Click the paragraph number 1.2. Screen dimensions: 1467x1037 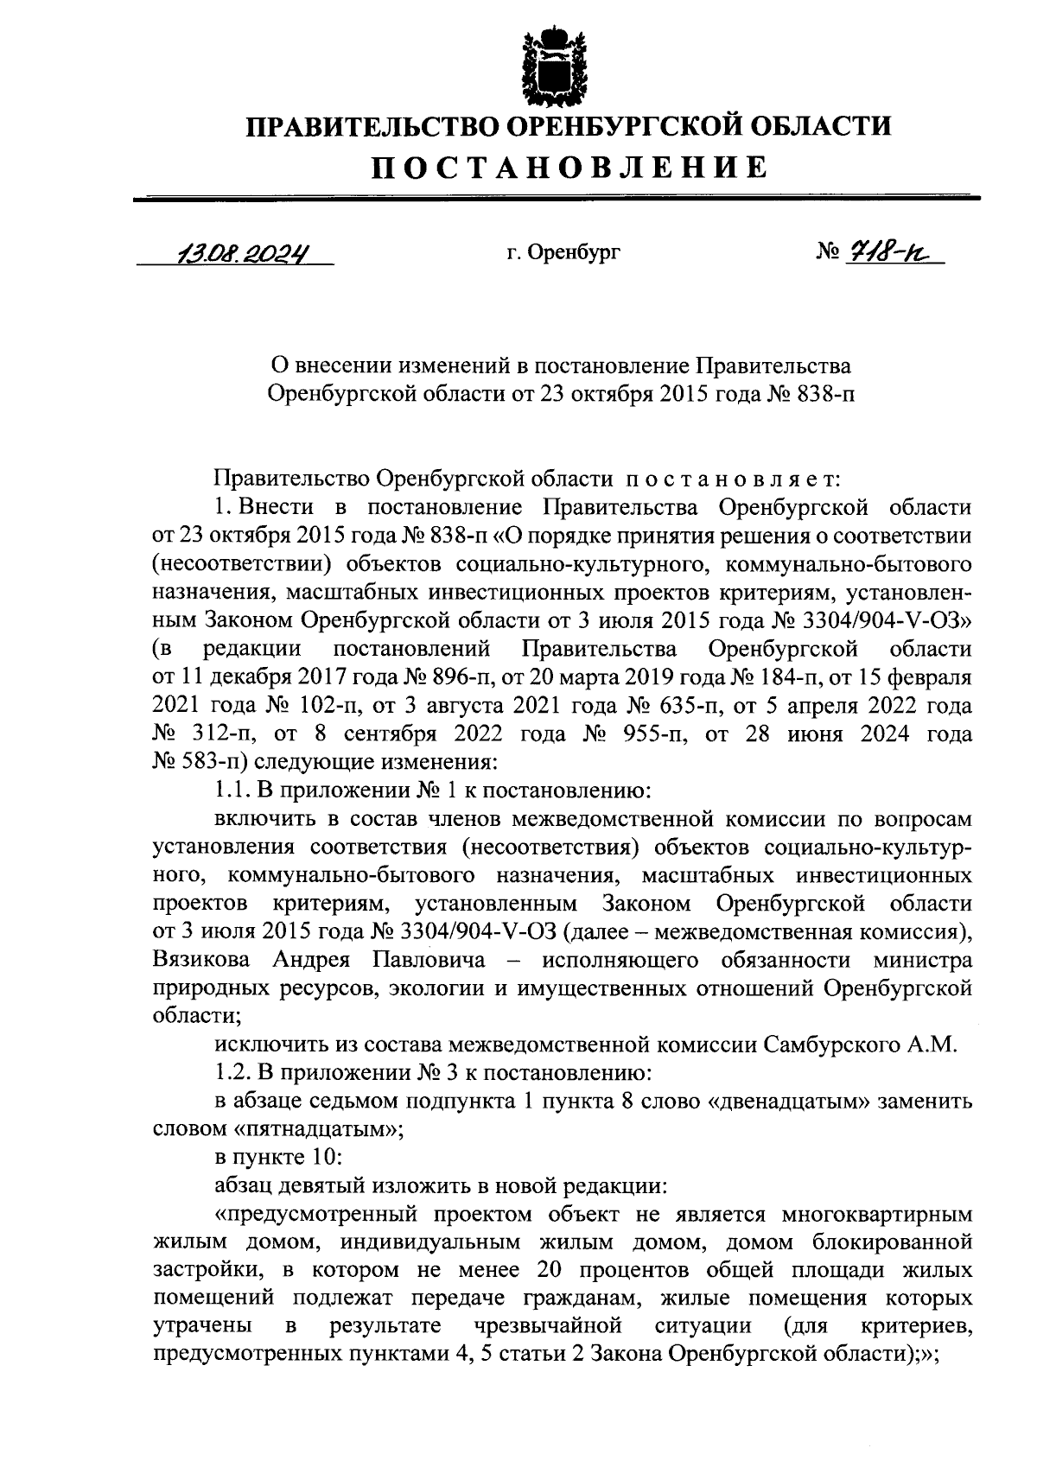[230, 1074]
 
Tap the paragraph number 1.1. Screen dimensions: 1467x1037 [230, 791]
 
